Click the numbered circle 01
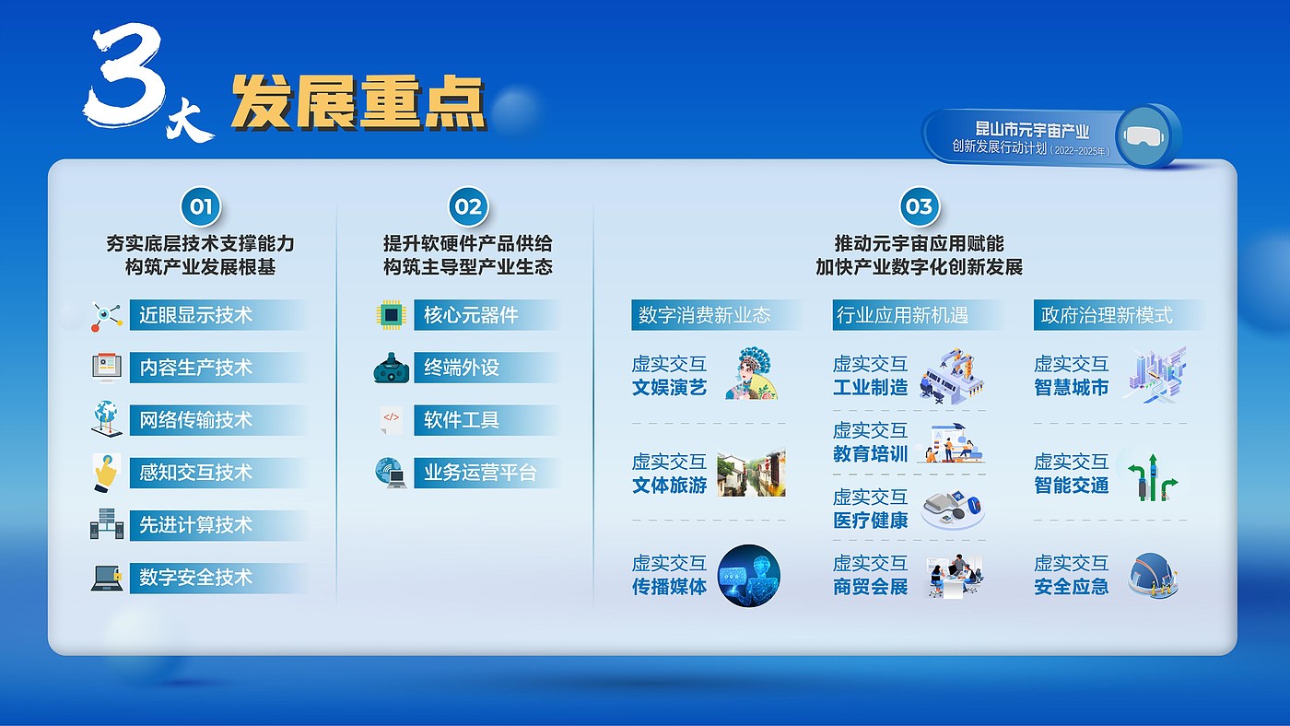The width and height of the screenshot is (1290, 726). (x=201, y=206)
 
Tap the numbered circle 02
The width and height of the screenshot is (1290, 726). (x=468, y=206)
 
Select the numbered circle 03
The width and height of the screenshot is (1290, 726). (x=919, y=206)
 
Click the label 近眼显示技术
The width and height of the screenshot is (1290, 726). (x=195, y=315)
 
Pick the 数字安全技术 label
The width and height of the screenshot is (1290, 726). (x=195, y=577)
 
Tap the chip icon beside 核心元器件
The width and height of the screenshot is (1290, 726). (x=392, y=315)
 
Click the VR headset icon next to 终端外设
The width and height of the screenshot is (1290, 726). (x=392, y=368)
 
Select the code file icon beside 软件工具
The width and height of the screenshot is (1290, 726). (x=391, y=420)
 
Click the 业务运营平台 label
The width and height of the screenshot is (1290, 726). (x=480, y=473)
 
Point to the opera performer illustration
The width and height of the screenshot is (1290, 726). (x=752, y=373)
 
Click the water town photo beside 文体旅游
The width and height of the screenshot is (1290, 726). (x=752, y=472)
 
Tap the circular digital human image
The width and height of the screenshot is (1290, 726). (x=748, y=576)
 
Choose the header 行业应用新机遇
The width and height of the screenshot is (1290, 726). (x=902, y=315)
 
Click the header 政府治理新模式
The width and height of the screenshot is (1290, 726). (x=1107, y=315)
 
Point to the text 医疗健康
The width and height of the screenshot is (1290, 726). (x=870, y=521)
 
